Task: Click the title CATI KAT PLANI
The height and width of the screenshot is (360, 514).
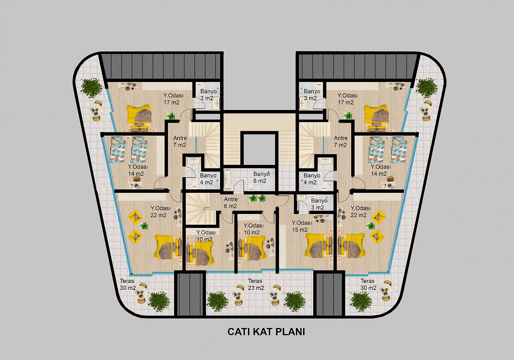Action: [x=266, y=332]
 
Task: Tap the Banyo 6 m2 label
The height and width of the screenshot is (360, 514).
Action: [x=261, y=177]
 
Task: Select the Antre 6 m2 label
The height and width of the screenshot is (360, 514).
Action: [x=231, y=203]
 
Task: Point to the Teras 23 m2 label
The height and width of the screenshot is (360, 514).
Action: [x=256, y=284]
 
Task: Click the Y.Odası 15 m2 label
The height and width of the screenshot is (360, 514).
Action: [x=302, y=226]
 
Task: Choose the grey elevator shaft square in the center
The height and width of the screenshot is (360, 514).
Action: [x=259, y=149]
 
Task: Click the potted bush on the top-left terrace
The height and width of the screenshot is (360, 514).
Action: [x=92, y=88]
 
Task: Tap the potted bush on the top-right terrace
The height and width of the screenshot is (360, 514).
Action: [x=427, y=88]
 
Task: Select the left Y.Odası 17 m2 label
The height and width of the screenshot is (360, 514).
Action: [x=173, y=99]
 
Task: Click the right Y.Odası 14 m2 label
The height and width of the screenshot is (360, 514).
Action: [x=380, y=170]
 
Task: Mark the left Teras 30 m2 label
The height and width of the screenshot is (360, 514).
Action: [x=128, y=284]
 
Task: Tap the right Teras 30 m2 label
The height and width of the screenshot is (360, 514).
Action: [x=368, y=284]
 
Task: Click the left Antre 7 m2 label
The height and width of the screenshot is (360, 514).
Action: [x=180, y=141]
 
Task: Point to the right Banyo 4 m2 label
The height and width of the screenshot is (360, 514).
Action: [x=311, y=179]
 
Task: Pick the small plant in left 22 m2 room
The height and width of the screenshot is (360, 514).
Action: [x=144, y=226]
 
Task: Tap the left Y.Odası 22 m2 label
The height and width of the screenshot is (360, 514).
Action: [x=160, y=212]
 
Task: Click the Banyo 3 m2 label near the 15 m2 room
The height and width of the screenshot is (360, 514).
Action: [x=319, y=204]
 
